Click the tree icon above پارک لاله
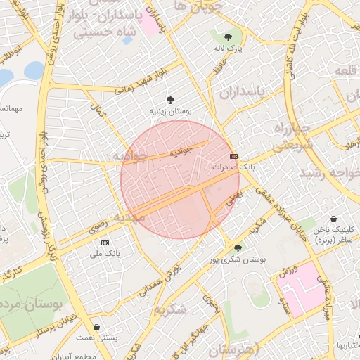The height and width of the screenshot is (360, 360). [228, 37]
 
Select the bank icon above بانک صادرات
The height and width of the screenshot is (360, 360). [233, 156]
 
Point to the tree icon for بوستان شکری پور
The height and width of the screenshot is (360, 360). [238, 247]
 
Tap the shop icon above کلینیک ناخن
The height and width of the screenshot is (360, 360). [333, 219]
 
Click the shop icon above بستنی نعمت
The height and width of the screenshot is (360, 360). [96, 327]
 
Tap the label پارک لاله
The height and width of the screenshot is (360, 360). [228, 49]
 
